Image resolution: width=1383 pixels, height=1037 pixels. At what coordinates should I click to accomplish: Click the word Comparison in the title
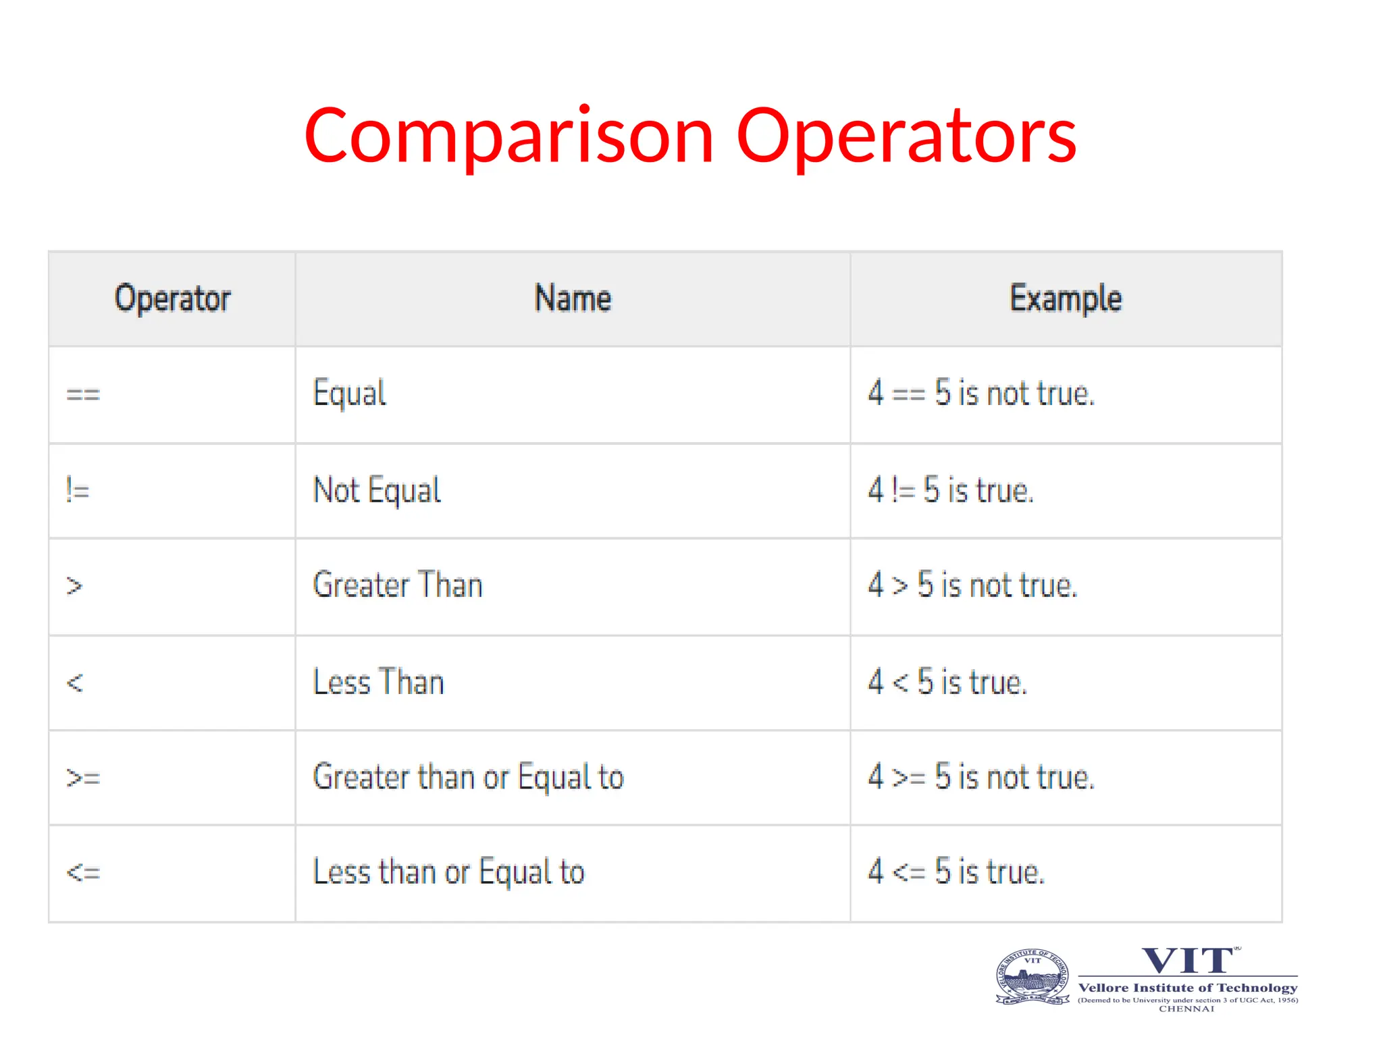pos(508,137)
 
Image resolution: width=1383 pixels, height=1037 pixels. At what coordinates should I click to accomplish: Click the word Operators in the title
pos(906,137)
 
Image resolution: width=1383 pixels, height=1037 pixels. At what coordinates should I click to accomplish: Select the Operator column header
pos(172,298)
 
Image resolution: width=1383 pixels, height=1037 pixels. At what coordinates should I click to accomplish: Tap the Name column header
pos(573,298)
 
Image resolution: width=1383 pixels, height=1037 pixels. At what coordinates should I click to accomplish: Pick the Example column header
pos(1066,298)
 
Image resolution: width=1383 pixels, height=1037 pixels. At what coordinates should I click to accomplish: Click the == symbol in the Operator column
pos(83,394)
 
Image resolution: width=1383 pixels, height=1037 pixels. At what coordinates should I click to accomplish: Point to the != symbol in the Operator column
pos(78,489)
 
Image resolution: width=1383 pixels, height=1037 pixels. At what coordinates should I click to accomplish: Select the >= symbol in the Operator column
pos(83,778)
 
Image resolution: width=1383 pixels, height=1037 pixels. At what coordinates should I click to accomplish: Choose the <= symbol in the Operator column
pos(83,873)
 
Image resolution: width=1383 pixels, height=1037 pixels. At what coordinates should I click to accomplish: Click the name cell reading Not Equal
pos(377,490)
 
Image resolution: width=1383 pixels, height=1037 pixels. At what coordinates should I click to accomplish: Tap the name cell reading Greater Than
pos(398,585)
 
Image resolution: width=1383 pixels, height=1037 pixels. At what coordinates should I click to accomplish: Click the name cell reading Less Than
pos(378,682)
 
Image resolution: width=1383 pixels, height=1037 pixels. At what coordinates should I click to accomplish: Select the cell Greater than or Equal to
pos(468,777)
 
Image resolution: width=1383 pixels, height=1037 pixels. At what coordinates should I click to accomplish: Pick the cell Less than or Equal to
pos(448,872)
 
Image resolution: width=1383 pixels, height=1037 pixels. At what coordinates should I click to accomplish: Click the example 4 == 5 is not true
pos(981,394)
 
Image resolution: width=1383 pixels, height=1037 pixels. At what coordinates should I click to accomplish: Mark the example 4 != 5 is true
pos(950,490)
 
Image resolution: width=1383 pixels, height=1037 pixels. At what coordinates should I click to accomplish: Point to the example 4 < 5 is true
pos(947,682)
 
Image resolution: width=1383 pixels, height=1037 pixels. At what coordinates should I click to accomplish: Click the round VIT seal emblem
pos(1033,977)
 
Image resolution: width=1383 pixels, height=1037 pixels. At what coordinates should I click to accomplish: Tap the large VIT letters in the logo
pos(1188,961)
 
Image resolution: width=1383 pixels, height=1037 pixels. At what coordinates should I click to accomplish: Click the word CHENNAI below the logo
pos(1186,1009)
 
